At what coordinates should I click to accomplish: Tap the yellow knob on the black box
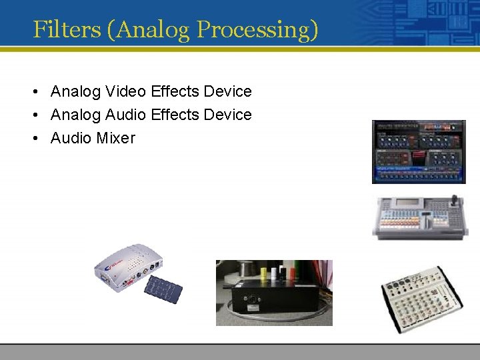point(263,273)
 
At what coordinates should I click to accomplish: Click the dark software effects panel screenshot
point(419,151)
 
